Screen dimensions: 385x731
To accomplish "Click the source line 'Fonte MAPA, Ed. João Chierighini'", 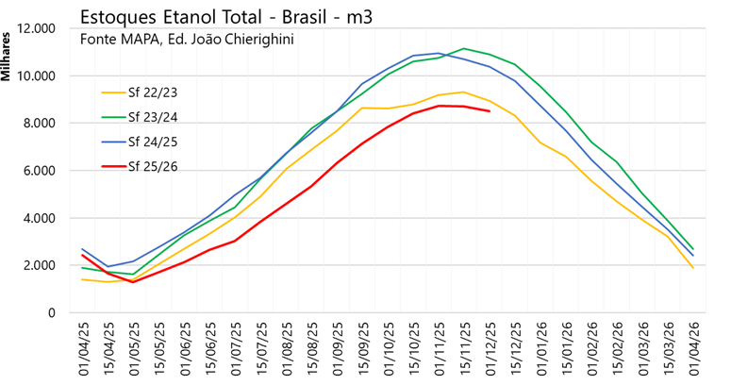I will pos(188,41).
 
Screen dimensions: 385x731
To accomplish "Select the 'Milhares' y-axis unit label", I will pos(8,56).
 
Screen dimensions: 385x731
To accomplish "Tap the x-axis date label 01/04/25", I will pos(83,349).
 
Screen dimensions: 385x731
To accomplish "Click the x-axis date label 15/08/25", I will pos(313,349).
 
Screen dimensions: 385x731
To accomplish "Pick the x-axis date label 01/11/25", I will pos(440,349).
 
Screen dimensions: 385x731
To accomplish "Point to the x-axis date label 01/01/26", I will pos(542,349).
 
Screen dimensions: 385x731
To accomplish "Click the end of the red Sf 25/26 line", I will pos(489,111).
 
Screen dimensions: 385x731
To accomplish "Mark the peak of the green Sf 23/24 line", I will pos(463,48).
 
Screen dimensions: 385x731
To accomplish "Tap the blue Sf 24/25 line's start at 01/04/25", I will pos(83,249).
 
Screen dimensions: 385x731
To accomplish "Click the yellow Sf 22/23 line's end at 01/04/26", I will pos(693,268).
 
